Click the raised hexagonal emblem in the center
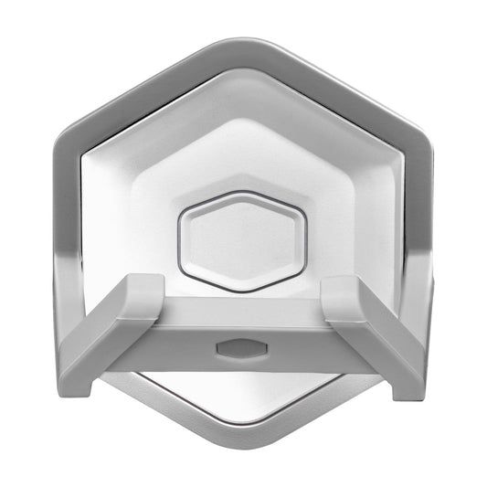[242, 241]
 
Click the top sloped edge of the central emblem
[242, 195]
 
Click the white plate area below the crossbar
[243, 393]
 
